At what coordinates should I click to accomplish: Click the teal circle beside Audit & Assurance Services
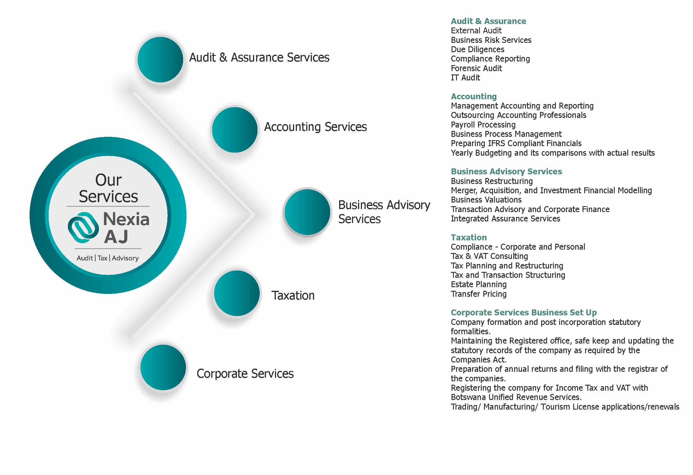click(x=160, y=60)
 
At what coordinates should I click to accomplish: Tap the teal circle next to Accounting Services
click(x=235, y=130)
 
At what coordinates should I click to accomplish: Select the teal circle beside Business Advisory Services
click(x=307, y=212)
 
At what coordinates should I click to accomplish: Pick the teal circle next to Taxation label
click(x=237, y=293)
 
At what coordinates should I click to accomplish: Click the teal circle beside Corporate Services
click(x=163, y=368)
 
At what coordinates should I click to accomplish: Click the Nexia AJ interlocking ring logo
click(x=83, y=228)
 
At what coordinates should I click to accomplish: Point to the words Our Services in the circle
click(x=108, y=188)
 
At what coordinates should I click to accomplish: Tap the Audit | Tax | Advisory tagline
click(x=108, y=258)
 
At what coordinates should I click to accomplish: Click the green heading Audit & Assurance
click(x=488, y=21)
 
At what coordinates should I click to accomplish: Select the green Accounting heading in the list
click(x=474, y=97)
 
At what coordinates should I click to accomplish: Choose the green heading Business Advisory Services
click(x=506, y=171)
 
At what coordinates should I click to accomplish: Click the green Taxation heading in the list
click(x=469, y=237)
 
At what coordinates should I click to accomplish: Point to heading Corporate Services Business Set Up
click(x=524, y=313)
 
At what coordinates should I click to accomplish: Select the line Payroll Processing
click(x=483, y=125)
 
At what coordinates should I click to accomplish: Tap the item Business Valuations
click(x=486, y=200)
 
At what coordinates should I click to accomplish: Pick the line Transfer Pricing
click(x=479, y=294)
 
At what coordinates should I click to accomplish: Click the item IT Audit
click(x=465, y=78)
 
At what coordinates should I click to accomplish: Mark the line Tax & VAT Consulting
click(x=489, y=256)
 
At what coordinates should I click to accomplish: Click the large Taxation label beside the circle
click(x=293, y=296)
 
